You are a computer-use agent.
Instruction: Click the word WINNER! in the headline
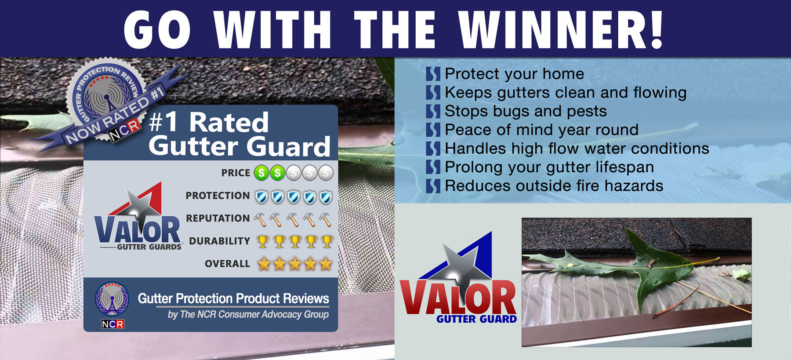561,29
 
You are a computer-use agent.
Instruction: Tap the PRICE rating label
236,173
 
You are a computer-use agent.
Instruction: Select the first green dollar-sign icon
261,173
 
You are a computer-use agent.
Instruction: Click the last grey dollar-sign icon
326,173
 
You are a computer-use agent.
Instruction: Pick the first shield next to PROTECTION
262,197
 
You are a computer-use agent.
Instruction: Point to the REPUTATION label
218,218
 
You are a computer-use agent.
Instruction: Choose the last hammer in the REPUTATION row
325,219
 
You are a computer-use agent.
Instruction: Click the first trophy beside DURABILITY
263,241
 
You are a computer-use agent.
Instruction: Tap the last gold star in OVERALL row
326,264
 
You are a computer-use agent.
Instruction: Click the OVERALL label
227,264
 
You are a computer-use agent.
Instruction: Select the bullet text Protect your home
515,74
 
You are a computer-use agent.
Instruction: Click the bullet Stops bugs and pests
526,111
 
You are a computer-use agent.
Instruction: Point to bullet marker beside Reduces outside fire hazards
433,186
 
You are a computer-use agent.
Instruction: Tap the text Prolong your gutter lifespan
549,167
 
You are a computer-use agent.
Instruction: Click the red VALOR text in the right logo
458,298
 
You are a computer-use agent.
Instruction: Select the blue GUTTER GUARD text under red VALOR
477,319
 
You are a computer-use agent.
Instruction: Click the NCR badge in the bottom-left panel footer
112,324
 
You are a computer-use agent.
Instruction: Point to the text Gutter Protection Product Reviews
233,298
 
